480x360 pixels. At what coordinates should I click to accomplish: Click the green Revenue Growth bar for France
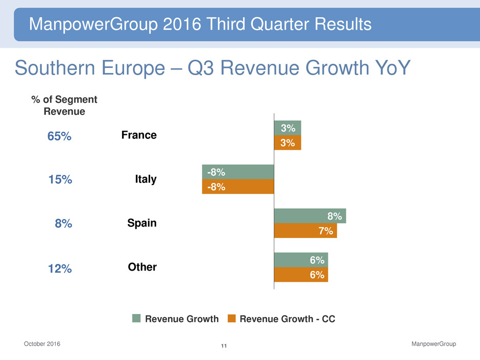tap(287, 128)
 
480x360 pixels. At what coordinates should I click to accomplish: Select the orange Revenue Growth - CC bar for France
tap(287, 142)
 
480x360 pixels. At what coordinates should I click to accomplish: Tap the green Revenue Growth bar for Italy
tap(238, 172)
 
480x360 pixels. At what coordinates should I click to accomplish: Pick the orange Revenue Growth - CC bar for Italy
tap(238, 186)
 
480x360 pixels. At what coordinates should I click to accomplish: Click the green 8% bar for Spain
tap(310, 215)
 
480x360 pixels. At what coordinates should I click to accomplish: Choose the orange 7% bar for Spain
tap(305, 231)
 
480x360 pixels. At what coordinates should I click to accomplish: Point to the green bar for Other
tap(301, 259)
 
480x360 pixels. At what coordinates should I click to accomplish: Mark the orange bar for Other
tap(301, 275)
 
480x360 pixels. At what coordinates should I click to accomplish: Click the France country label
tap(139, 135)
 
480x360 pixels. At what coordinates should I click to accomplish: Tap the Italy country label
tap(146, 179)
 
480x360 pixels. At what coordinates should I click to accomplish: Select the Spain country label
tap(141, 223)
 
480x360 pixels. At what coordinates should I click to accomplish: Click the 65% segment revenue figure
tap(59, 136)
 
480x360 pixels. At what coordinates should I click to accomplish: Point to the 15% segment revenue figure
tap(60, 180)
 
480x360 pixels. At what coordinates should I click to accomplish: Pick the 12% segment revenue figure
tap(60, 268)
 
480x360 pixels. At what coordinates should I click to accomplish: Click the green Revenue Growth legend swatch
tap(136, 319)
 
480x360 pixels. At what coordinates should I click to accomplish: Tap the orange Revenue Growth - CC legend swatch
tap(231, 319)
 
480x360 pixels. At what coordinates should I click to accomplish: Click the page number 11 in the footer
tap(224, 347)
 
